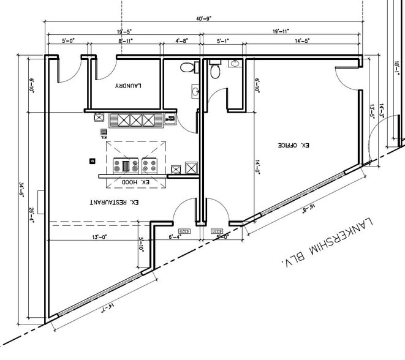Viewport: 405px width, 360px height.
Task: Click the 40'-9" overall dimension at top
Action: tap(204, 18)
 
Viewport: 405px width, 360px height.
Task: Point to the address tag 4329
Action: tap(183, 231)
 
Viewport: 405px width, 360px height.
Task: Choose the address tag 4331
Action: tap(216, 231)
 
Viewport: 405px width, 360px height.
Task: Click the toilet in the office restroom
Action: tap(214, 71)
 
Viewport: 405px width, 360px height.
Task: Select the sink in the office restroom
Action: tap(235, 63)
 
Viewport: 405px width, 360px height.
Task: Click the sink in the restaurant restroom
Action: tap(194, 92)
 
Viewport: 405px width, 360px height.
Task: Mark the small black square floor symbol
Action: tap(92, 161)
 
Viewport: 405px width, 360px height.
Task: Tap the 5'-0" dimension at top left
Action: tap(68, 41)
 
